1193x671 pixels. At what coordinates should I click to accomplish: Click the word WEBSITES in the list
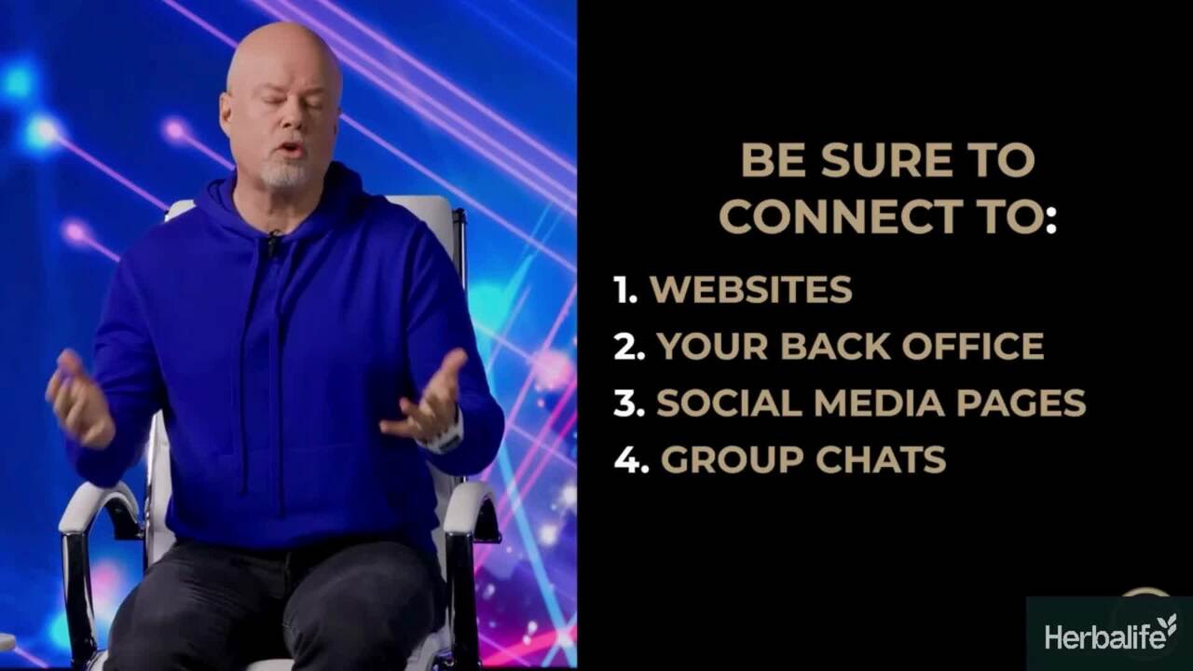click(751, 289)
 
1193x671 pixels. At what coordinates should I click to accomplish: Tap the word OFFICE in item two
click(972, 346)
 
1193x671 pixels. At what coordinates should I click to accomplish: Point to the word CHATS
click(881, 459)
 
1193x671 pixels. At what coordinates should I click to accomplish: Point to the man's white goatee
click(286, 172)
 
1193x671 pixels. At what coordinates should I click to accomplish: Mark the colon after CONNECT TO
click(1050, 218)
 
